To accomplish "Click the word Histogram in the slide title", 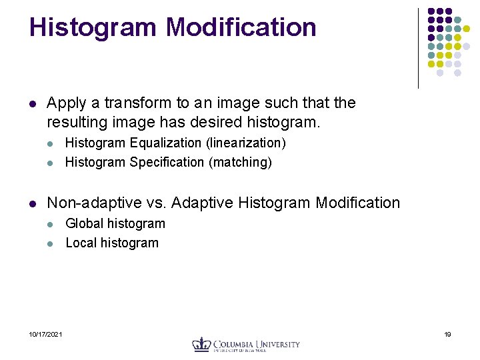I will [93, 28].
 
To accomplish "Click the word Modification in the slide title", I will [241, 28].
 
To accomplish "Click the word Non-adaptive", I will [90, 203].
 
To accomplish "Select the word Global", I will [84, 223].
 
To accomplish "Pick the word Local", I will [81, 243].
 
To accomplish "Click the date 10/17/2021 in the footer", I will [46, 334].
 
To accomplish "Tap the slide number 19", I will [447, 334].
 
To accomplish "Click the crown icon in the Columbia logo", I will [201, 344].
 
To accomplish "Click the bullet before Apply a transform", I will [33, 104].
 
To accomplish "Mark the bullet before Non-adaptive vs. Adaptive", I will [33, 203].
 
